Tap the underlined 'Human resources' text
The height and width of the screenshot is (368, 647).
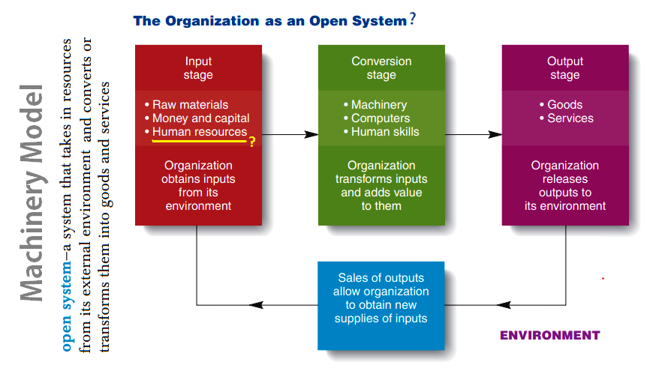200,132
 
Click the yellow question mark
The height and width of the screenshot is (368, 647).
252,142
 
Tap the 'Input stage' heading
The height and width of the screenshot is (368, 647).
198,68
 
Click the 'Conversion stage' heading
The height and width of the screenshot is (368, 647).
381,68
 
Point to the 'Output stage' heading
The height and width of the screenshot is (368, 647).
565,68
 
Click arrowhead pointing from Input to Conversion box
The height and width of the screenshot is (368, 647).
311,134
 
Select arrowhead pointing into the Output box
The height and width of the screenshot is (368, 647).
495,134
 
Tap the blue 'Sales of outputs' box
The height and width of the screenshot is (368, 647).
381,305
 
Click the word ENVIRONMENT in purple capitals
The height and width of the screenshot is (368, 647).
550,336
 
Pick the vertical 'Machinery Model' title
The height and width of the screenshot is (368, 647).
32,193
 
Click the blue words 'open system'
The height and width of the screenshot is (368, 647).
66,307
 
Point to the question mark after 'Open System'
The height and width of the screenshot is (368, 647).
412,19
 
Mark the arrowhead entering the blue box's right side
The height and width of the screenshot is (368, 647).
504,305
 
